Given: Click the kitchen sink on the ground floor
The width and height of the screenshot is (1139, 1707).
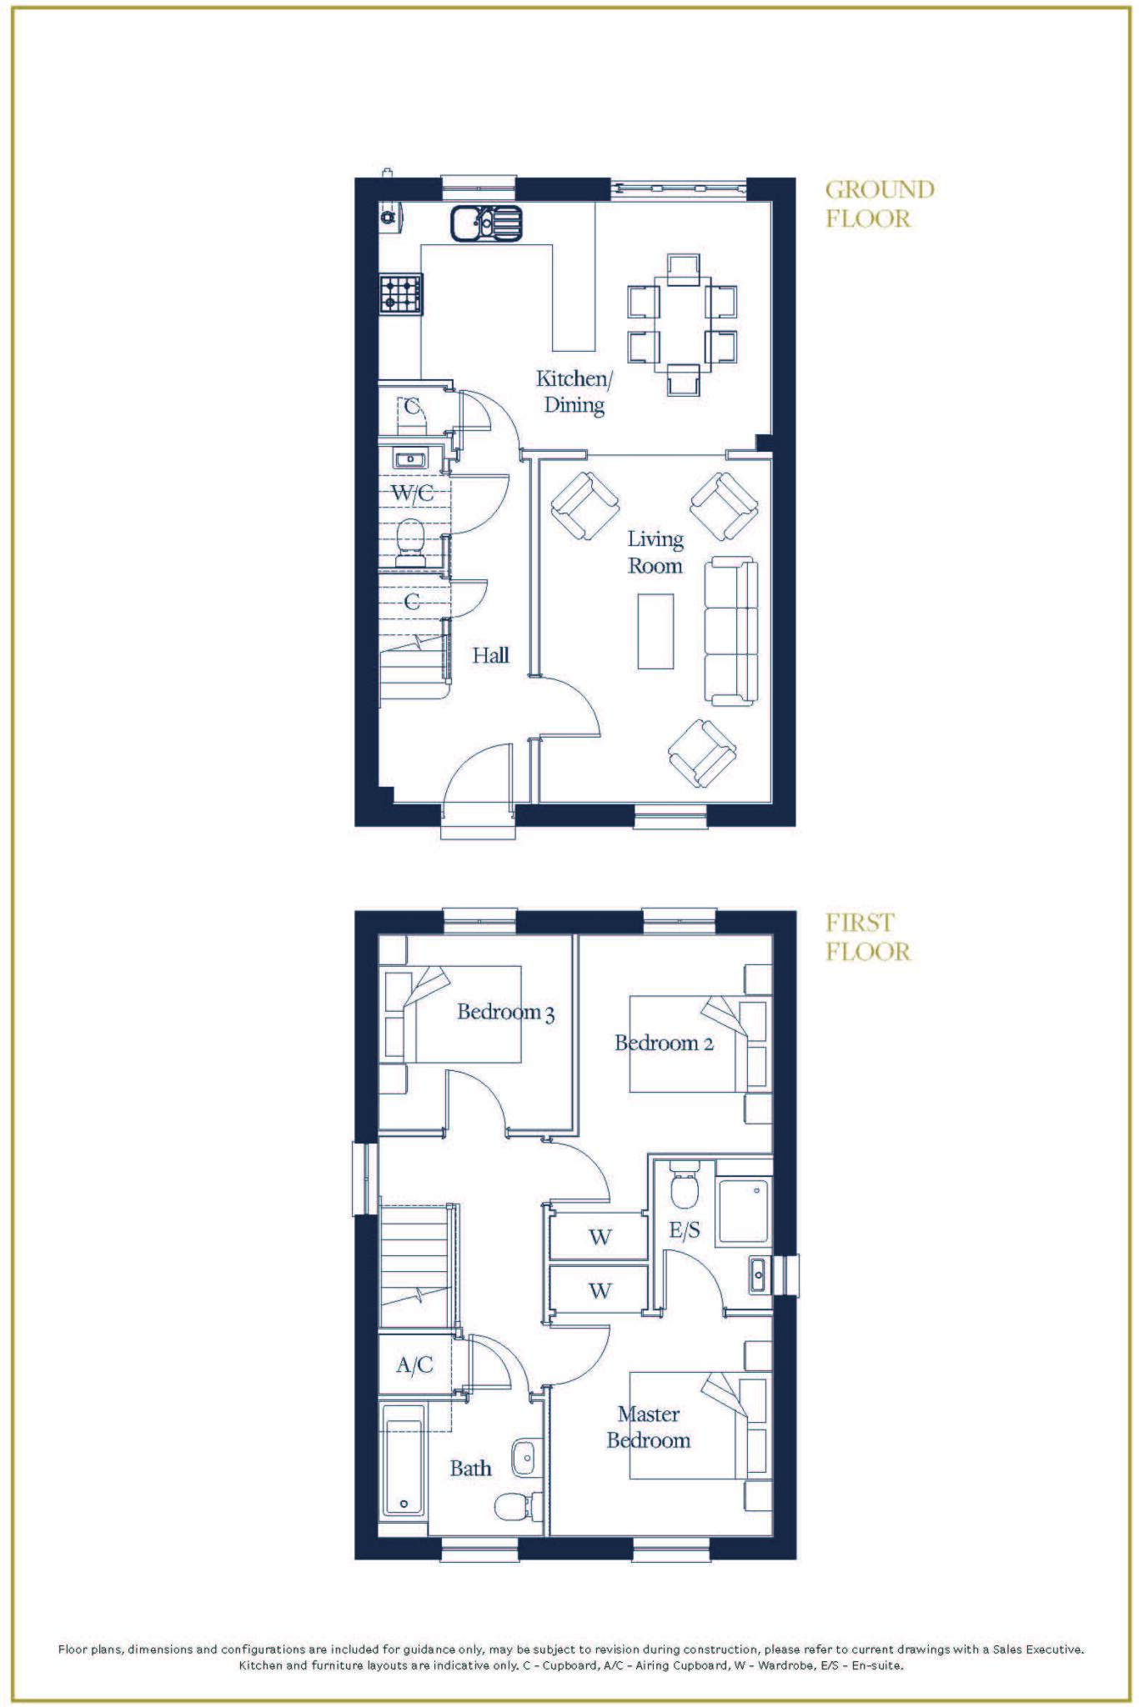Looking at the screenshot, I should pos(486,223).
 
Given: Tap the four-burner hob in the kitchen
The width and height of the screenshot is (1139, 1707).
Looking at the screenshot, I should pos(401,293).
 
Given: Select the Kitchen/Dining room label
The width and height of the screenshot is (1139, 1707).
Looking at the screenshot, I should pos(574,392).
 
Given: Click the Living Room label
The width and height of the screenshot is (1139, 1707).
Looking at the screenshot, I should pos(655,553).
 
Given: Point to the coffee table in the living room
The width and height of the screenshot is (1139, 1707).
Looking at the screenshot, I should pos(655,631).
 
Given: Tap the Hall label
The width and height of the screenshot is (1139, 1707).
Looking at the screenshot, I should pos(490,656).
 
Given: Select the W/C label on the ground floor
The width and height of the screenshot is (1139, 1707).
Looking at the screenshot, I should pos(413,493).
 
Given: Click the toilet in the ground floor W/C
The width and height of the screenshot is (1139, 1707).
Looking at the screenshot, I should pos(409,542).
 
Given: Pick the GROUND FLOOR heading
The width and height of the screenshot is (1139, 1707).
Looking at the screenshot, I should pos(879,204).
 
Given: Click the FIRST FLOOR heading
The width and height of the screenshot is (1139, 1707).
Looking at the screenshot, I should pos(867,938).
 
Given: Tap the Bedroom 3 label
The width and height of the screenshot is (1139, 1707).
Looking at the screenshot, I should pos(505,1013).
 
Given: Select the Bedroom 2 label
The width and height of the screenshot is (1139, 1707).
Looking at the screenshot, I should pos(664,1044).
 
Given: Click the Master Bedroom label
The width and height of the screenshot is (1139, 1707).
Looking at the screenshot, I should pos(648,1427).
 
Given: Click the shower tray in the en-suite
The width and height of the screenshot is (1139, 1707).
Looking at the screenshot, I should pos(745,1211).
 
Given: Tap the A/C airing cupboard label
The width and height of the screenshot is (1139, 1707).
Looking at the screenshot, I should pos(414,1365).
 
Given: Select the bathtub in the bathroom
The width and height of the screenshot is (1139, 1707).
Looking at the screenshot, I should pos(404,1459).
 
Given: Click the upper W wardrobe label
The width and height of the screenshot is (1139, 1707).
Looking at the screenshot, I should pos(600,1237).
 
